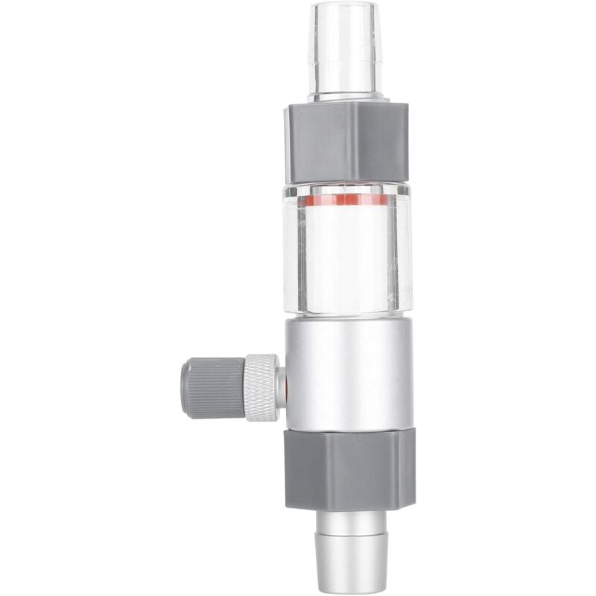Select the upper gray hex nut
[346, 142]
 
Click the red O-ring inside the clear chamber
[343, 200]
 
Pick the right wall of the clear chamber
[404, 250]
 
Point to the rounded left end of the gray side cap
[184, 387]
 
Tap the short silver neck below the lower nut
[349, 521]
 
